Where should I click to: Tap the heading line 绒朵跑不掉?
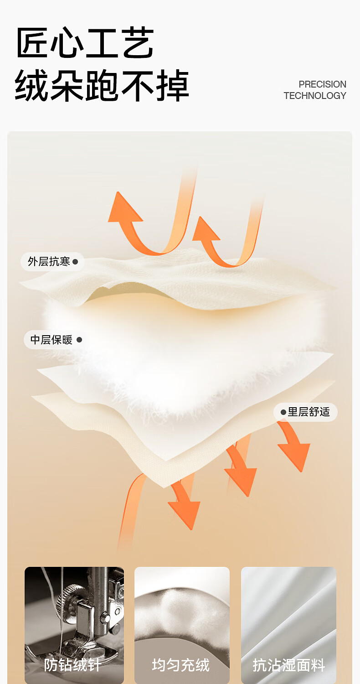[102, 85]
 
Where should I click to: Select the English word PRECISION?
[322, 84]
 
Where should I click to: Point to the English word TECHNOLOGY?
[315, 96]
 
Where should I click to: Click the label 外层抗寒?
[49, 262]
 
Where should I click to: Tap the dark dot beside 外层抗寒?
[75, 262]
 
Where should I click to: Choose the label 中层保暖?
[51, 340]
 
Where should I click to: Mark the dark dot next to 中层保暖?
[79, 340]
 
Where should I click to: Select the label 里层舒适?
[309, 412]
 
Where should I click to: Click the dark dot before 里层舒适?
[283, 412]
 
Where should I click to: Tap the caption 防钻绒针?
[73, 665]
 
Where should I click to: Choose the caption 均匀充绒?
[181, 665]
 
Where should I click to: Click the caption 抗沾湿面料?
[289, 665]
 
